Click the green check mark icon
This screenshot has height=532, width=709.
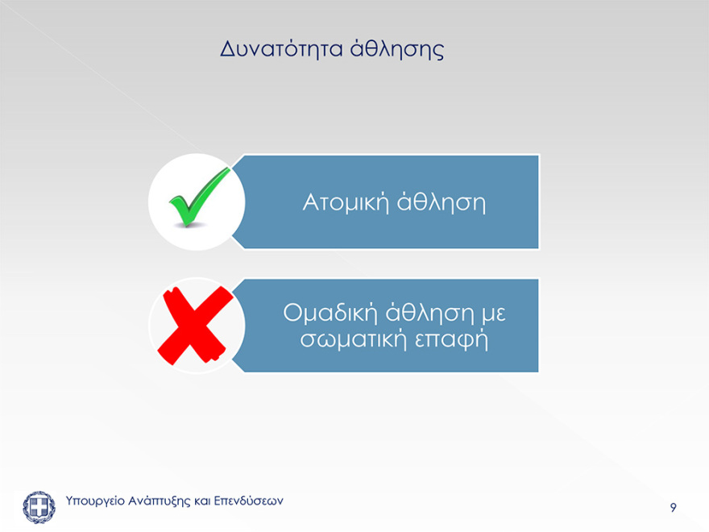pyautogui.click(x=198, y=196)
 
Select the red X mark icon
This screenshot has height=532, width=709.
pyautogui.click(x=194, y=325)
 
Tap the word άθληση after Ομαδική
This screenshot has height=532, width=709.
pyautogui.click(x=429, y=312)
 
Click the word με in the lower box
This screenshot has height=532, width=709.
pyautogui.click(x=493, y=312)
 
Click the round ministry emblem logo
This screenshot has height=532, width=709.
pyautogui.click(x=39, y=506)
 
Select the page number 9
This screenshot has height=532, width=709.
pyautogui.click(x=673, y=508)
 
